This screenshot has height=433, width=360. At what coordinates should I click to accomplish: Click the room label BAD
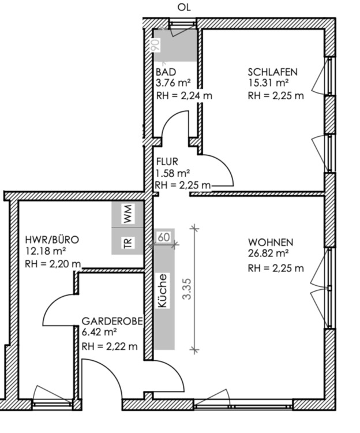[166, 72]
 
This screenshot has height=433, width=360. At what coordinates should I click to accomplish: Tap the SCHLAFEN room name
[272, 72]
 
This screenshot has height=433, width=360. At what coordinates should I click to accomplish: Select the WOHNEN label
[271, 242]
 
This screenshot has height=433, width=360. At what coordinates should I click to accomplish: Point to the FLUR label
[167, 161]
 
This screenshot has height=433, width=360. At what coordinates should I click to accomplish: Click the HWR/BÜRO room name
[52, 240]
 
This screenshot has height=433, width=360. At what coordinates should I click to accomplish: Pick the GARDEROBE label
[112, 321]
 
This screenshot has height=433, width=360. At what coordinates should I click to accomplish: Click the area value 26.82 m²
[268, 253]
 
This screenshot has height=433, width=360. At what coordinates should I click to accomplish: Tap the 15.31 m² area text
[268, 83]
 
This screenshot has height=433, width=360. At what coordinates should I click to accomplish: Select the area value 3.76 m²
[173, 83]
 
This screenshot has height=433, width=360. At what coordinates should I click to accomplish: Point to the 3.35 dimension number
[187, 289]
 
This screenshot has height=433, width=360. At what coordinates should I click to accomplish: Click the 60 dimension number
[164, 237]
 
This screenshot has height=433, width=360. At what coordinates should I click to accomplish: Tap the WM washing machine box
[127, 214]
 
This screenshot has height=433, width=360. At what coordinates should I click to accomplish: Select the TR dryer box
[127, 241]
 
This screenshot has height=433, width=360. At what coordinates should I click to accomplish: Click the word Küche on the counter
[163, 290]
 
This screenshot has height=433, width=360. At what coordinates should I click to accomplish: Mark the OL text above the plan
[184, 7]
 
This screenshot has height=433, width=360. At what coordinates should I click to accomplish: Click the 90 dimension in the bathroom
[156, 45]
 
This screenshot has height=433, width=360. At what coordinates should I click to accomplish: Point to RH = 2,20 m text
[52, 264]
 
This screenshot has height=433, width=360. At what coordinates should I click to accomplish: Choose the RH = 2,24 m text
[184, 95]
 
